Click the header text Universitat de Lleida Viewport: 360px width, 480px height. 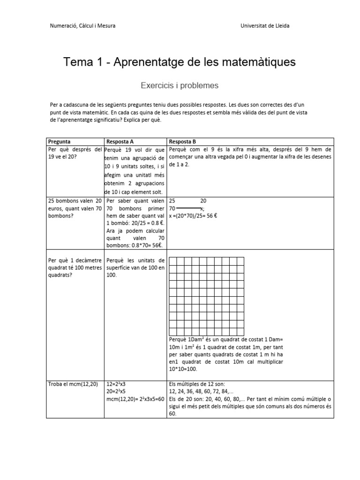(264, 26)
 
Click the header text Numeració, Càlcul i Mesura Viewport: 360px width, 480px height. (82, 26)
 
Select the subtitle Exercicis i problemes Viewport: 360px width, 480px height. (180, 86)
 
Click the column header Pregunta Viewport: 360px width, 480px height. (60, 141)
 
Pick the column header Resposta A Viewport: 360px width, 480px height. (120, 141)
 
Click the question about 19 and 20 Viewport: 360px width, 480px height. (75, 153)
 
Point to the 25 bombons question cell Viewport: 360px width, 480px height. (75, 208)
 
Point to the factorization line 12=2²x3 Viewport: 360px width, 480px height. (120, 384)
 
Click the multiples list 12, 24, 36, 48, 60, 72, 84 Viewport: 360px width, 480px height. (204, 391)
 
